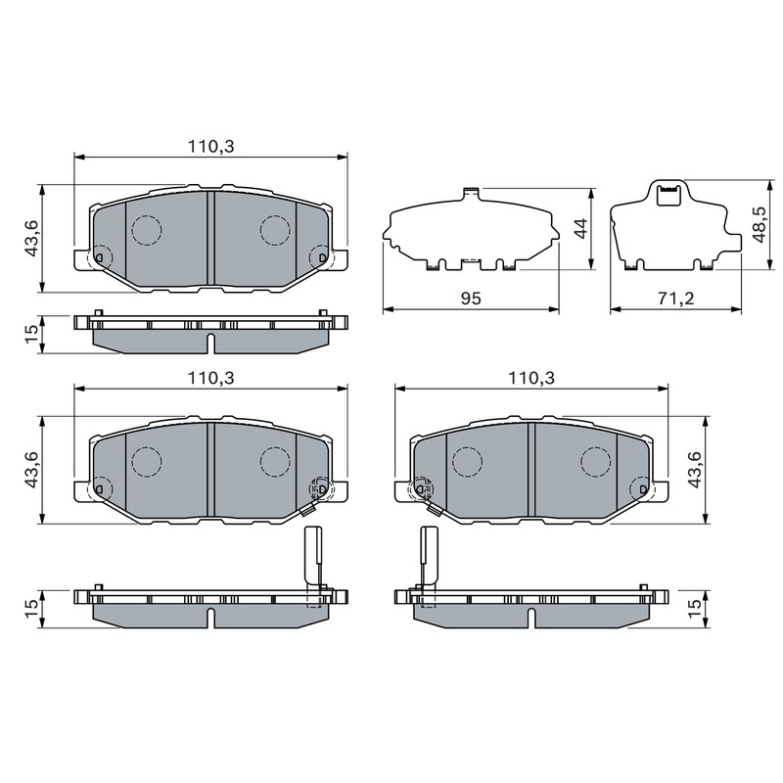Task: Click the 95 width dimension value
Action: pyautogui.click(x=471, y=299)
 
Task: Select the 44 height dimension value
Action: pyautogui.click(x=581, y=229)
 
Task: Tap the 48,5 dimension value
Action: pyautogui.click(x=760, y=225)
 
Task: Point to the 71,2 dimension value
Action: pyautogui.click(x=675, y=299)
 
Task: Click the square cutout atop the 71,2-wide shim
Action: pyautogui.click(x=668, y=195)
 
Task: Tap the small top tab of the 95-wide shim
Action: pyautogui.click(x=472, y=193)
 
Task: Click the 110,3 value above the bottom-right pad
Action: pyautogui.click(x=531, y=378)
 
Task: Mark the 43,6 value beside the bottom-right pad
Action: pyautogui.click(x=695, y=469)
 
